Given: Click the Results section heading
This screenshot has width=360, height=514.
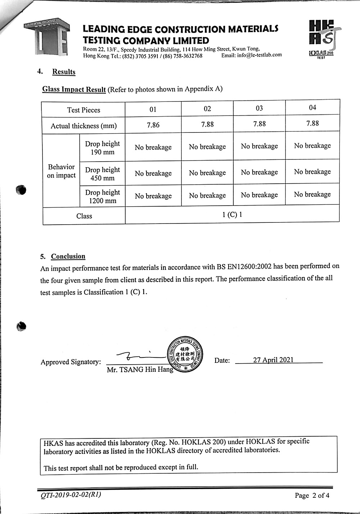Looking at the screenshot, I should tap(64, 72).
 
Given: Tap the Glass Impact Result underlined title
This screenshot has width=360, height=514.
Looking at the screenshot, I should tap(74, 89).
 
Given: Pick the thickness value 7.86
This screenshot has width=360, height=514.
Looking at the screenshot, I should tap(153, 125).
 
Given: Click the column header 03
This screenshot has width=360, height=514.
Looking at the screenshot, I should tap(259, 108).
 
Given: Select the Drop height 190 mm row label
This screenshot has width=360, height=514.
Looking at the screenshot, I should tap(102, 148).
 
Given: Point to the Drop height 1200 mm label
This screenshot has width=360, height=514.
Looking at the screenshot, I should tap(103, 197).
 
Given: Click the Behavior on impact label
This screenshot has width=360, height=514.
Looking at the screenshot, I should tap(61, 171).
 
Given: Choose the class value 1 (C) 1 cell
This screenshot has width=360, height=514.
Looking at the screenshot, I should tap(232, 215).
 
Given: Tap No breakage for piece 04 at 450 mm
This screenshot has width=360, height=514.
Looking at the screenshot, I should tap(312, 172).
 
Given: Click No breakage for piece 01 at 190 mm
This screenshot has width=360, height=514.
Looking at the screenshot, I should tap(153, 147).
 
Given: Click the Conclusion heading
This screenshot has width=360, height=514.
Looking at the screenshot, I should tap(68, 256).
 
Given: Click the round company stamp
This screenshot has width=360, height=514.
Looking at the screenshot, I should tap(185, 355).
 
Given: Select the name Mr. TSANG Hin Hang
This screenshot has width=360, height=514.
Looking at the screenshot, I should tap(140, 370).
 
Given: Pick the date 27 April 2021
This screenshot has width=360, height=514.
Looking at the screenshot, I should tap(273, 360).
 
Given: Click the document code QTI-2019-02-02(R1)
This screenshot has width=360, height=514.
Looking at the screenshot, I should tap(71, 495).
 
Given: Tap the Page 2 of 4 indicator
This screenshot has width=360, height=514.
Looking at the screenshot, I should tap(312, 495).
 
